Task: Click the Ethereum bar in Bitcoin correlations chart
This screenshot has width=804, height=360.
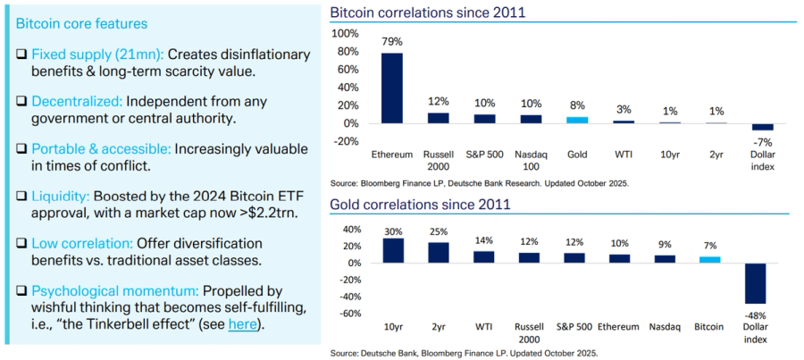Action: click(x=392, y=88)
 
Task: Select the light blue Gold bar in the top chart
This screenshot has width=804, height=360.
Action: click(x=578, y=120)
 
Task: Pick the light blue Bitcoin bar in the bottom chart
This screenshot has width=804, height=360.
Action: click(x=709, y=260)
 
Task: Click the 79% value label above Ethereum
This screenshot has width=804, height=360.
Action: click(x=392, y=42)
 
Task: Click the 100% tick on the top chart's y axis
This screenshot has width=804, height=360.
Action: click(x=345, y=33)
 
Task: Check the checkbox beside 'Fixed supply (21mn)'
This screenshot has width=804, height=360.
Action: click(x=22, y=54)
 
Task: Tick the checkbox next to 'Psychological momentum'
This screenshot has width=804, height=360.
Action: click(x=22, y=290)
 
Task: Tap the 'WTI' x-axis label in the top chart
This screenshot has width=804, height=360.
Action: click(x=624, y=154)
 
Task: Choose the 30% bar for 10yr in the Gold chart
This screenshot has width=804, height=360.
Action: click(x=392, y=250)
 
